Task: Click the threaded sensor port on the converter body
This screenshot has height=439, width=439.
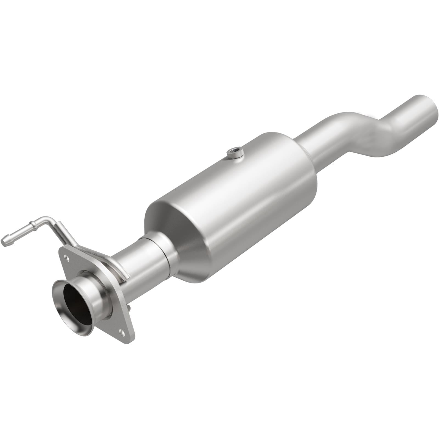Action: [x=234, y=152]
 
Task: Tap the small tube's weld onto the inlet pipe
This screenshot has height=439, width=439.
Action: [x=121, y=272]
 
